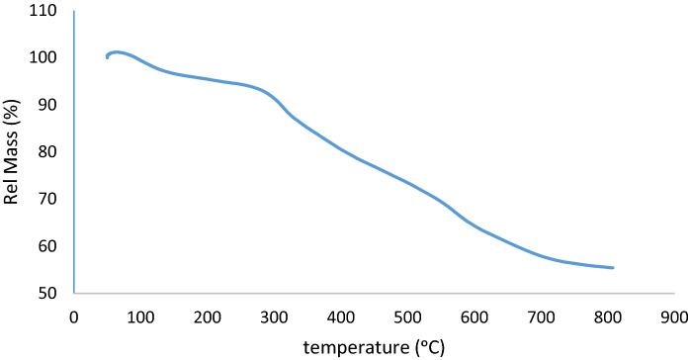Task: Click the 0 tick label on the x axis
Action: pos(73,316)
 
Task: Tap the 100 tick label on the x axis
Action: pos(139,316)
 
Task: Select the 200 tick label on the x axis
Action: pos(207,316)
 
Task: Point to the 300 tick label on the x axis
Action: pos(274,316)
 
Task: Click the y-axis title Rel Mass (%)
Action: pos(14,153)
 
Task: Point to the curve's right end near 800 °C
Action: pos(613,268)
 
